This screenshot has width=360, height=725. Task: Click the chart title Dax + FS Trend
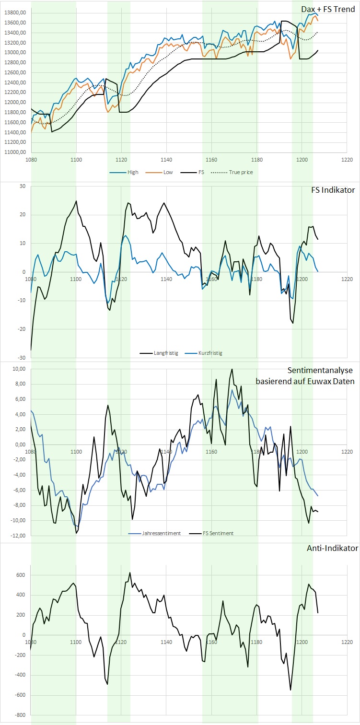[328, 9]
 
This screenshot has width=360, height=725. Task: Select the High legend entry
[132, 172]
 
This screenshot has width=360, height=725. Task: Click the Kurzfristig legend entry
[210, 353]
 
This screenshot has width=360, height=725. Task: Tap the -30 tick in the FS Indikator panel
[22, 358]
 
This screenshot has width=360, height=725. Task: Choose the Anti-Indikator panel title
[331, 548]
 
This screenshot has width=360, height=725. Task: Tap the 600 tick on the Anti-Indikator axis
[21, 575]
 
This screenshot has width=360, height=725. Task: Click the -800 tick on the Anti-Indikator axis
[20, 715]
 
